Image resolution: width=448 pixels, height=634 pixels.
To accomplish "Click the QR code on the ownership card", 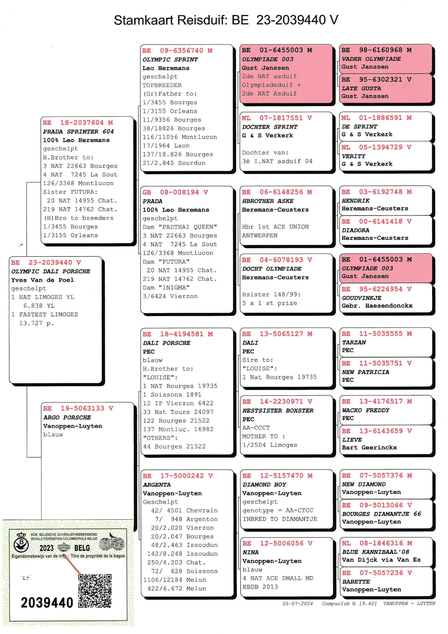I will (95, 591).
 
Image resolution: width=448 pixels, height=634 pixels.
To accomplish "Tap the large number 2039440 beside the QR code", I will (47, 602).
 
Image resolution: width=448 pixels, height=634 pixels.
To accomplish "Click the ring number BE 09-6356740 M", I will (177, 51).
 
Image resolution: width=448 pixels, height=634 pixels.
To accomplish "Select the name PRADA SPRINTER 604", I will (78, 131).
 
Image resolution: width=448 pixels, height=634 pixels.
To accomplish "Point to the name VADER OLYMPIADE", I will (371, 59).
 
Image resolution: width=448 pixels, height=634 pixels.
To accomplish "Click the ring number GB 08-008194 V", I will (175, 192).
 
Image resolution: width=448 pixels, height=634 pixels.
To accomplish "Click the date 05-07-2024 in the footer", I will (297, 603).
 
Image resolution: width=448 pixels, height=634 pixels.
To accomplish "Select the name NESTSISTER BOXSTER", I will (277, 410).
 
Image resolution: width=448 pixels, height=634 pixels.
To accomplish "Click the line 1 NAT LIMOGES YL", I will (43, 297).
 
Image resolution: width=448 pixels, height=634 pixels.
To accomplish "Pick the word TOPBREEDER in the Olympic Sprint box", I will (162, 85).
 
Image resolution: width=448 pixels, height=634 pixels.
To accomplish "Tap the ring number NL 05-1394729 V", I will (376, 147).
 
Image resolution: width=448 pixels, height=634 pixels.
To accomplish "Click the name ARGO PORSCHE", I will (67, 417).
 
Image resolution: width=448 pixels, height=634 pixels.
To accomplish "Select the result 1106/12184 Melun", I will (174, 580).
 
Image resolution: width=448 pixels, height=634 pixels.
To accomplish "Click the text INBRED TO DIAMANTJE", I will (279, 519).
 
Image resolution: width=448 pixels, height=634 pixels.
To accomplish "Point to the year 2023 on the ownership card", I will (46, 548).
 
